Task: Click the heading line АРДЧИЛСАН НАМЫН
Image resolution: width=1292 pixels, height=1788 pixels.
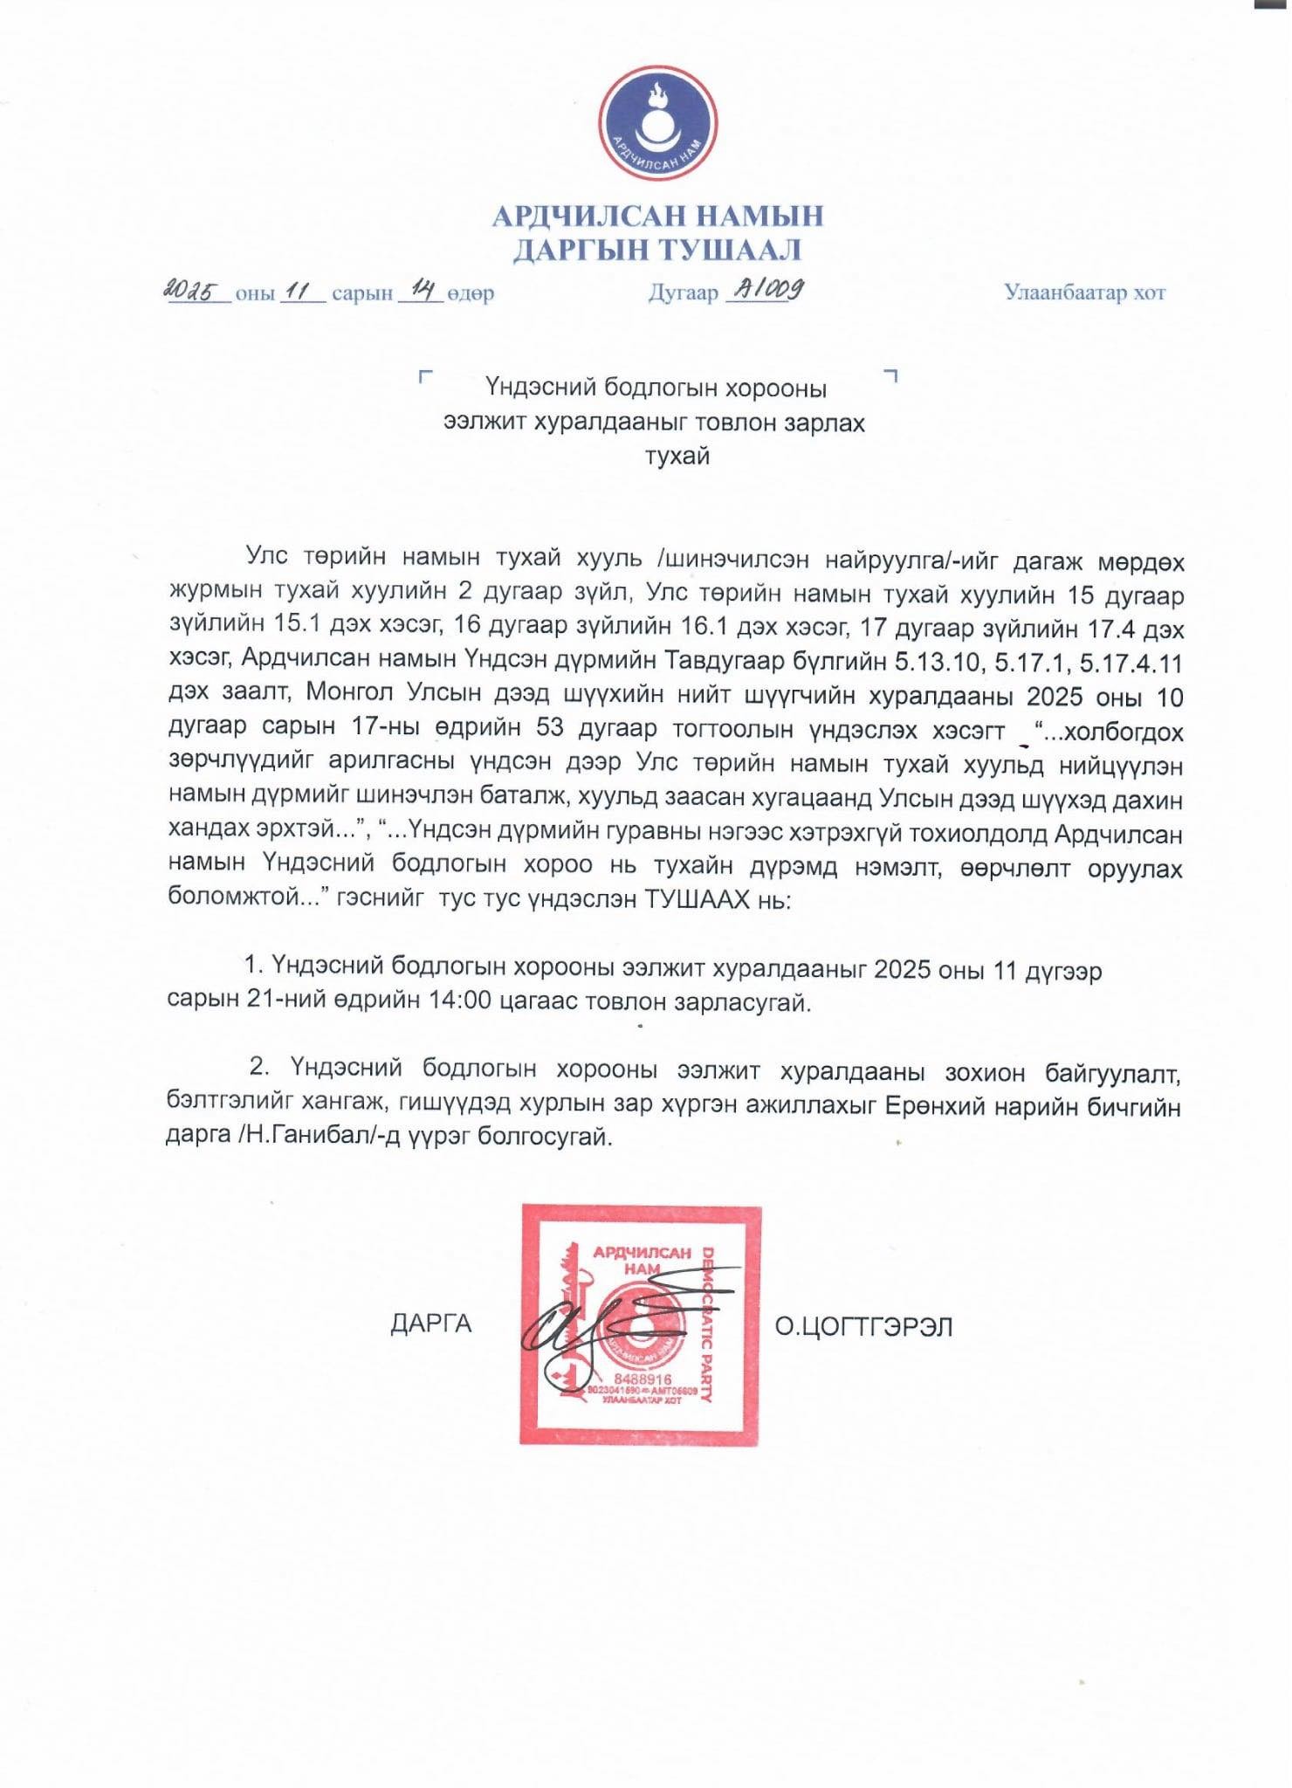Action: (x=657, y=216)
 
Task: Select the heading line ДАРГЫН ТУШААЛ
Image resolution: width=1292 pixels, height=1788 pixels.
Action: (x=656, y=251)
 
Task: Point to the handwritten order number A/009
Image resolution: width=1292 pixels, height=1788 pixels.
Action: (x=765, y=289)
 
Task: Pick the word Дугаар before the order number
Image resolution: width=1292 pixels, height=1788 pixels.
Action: (x=683, y=293)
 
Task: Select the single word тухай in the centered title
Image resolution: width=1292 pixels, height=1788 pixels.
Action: (x=677, y=456)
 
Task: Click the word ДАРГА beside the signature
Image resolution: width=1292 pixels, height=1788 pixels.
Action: (x=430, y=1324)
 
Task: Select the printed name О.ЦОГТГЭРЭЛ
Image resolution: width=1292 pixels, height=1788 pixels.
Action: (x=863, y=1327)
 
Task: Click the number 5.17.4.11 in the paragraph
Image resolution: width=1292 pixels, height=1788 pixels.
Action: (x=1130, y=663)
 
